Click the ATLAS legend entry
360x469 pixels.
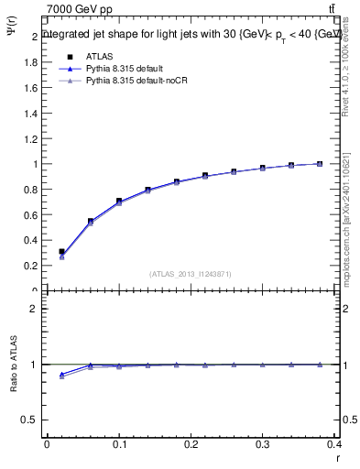coord(98,57)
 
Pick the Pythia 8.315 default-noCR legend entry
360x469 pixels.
coord(131,82)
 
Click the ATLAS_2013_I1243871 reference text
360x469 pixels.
coord(190,273)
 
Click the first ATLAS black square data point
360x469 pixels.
coord(61,251)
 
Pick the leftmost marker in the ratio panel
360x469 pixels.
coord(61,375)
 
